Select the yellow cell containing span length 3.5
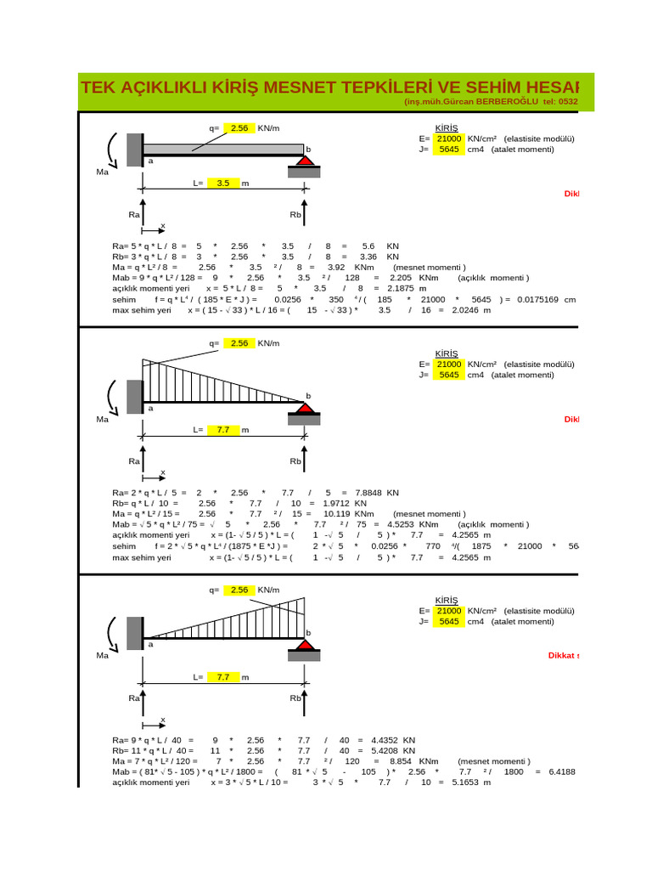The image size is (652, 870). tap(223, 183)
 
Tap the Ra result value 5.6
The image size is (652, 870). tap(368, 245)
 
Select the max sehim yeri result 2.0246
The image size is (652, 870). tap(458, 310)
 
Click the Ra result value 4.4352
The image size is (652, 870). tap(380, 740)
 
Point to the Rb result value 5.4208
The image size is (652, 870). tap(380, 751)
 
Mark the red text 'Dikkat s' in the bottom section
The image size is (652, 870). tap(565, 655)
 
